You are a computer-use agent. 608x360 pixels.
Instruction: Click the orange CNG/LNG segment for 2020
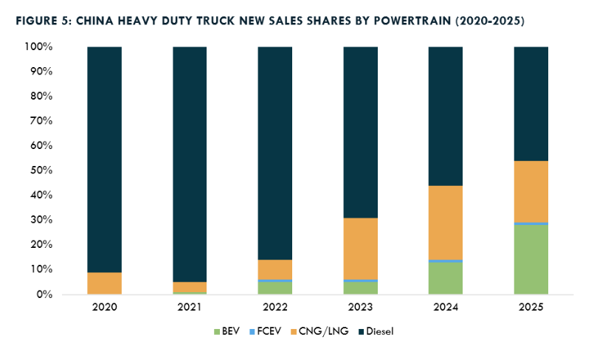pyautogui.click(x=104, y=283)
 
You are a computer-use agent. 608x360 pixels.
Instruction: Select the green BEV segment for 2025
pyautogui.click(x=531, y=260)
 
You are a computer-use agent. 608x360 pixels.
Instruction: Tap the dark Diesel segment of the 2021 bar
pyautogui.click(x=190, y=165)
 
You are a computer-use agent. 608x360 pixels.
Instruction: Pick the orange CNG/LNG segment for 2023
pyautogui.click(x=360, y=249)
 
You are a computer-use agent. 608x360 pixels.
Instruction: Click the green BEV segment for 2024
pyautogui.click(x=446, y=278)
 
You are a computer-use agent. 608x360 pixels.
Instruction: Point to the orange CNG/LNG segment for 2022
pyautogui.click(x=275, y=270)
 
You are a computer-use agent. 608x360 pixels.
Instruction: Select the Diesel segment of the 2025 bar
pyautogui.click(x=531, y=104)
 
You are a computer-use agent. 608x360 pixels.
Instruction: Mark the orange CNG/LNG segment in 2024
pyautogui.click(x=446, y=223)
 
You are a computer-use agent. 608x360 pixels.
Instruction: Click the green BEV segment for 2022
pyautogui.click(x=275, y=288)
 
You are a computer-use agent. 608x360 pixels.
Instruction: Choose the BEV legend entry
pyautogui.click(x=227, y=331)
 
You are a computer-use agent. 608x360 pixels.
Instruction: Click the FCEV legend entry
pyautogui.click(x=265, y=331)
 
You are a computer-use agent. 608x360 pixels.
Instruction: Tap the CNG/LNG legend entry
pyautogui.click(x=319, y=331)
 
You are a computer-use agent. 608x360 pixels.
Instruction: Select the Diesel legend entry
pyautogui.click(x=376, y=331)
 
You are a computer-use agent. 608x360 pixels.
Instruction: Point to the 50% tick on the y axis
pyautogui.click(x=41, y=170)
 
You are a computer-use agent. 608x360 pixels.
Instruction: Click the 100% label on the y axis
pyautogui.click(x=38, y=46)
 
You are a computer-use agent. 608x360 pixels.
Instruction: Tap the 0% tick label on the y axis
pyautogui.click(x=44, y=294)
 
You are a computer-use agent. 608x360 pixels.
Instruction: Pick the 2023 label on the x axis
pyautogui.click(x=360, y=307)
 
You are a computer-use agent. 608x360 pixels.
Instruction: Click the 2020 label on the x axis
pyautogui.click(x=104, y=307)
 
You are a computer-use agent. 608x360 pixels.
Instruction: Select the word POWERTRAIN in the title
pyautogui.click(x=412, y=21)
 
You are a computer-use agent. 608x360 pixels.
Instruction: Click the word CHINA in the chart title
pyautogui.click(x=94, y=21)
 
